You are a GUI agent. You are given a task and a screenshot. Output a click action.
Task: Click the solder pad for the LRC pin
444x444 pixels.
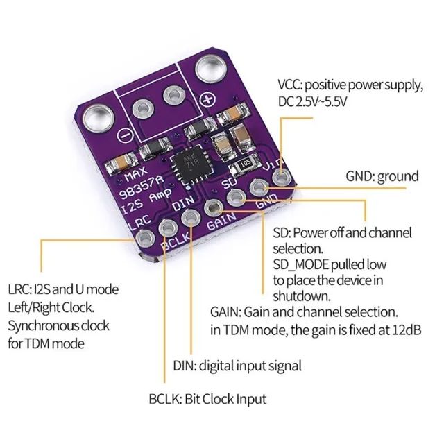click(144, 240)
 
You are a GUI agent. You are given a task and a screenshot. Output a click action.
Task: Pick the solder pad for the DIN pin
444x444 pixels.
click(189, 219)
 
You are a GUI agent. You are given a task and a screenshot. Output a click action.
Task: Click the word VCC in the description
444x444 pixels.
click(291, 85)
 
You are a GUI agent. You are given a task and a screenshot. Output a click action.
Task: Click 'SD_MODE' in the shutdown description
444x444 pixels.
click(298, 264)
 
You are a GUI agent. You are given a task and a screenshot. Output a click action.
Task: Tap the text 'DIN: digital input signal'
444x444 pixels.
click(237, 365)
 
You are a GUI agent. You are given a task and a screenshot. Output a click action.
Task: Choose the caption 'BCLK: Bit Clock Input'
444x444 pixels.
click(207, 399)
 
